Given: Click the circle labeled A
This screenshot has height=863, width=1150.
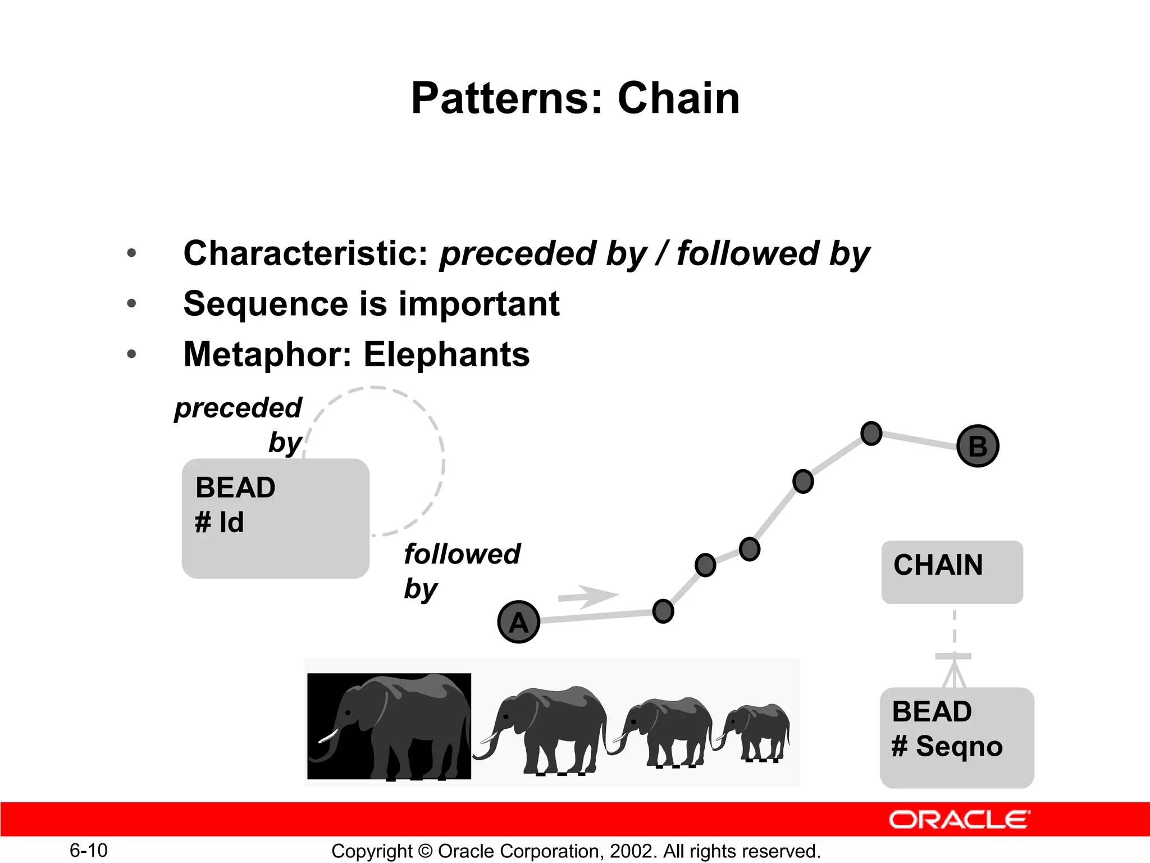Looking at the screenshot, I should [518, 622].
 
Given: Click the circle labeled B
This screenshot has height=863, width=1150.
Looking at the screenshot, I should [978, 446].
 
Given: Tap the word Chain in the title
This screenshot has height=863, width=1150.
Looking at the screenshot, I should [678, 98].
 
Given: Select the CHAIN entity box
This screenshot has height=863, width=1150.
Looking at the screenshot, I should [952, 572].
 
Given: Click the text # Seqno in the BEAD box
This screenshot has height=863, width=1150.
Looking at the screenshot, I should [947, 746].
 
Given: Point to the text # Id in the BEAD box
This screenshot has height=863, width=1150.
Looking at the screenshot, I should [219, 523].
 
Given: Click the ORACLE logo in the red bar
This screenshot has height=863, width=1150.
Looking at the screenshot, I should [959, 820].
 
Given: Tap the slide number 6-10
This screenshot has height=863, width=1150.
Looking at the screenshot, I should [88, 850].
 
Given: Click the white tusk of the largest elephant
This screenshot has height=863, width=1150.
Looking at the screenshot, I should [329, 735].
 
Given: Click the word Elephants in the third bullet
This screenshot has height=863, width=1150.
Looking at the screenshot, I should [446, 355].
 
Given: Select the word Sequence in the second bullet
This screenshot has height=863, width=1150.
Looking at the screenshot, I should [266, 304].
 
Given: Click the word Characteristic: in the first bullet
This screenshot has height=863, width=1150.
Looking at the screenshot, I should [306, 253].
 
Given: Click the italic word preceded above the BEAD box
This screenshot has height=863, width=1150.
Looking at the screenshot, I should [238, 407].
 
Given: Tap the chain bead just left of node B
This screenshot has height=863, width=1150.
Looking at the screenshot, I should [871, 433].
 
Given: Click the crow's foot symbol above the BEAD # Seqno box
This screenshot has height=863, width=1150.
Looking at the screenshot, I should [953, 671].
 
